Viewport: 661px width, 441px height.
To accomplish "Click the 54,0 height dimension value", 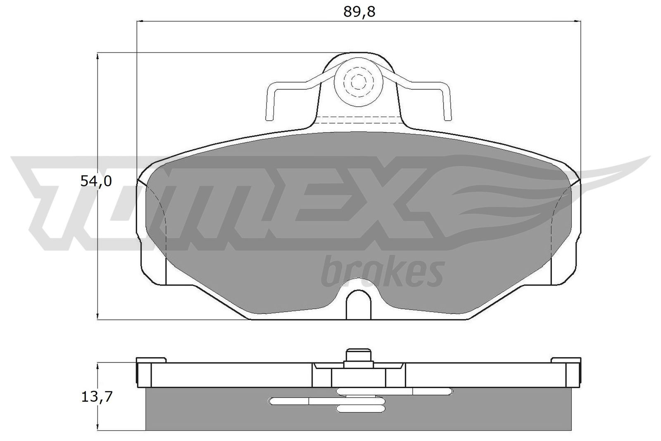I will pos(96,181).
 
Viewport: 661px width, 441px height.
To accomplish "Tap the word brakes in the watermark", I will pos(382,272).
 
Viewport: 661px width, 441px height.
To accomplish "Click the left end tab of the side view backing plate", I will pos(143,372).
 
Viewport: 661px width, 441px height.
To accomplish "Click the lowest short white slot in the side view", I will pos(361,409).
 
